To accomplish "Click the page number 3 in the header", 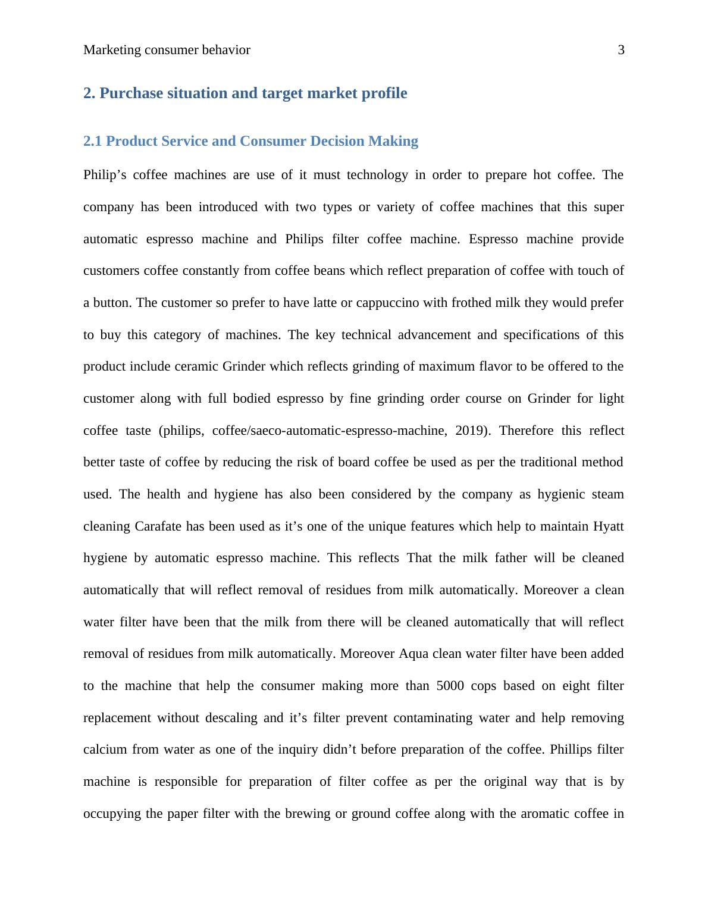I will pyautogui.click(x=621, y=50).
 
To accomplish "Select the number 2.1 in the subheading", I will pyautogui.click(x=93, y=142).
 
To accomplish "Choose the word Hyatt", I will pyautogui.click(x=608, y=526).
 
